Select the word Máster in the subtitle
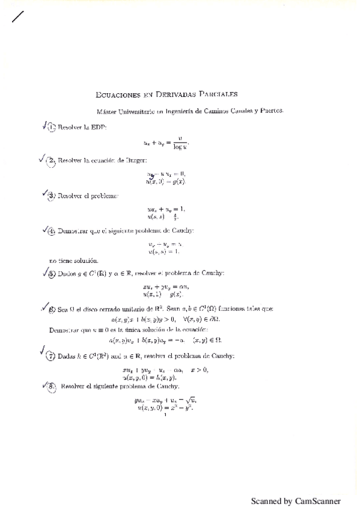(x=107, y=111)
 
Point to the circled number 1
(x=52, y=127)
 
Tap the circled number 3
(x=52, y=195)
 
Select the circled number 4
(x=52, y=230)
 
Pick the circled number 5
(x=52, y=274)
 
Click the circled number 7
(x=51, y=356)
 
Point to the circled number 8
(x=52, y=386)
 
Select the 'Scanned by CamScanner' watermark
(x=295, y=500)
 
